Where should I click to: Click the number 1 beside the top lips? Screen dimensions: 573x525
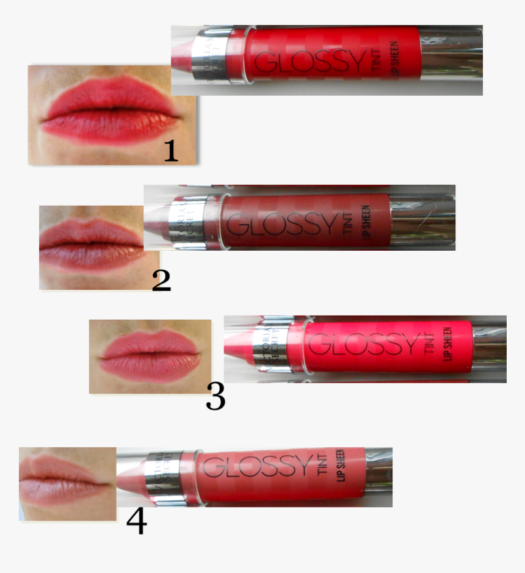click(171, 151)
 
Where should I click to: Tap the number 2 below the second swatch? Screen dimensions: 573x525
click(161, 280)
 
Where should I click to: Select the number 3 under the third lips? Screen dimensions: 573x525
click(215, 396)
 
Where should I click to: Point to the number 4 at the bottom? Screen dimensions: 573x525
click(136, 522)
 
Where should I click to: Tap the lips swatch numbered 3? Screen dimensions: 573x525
click(150, 356)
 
